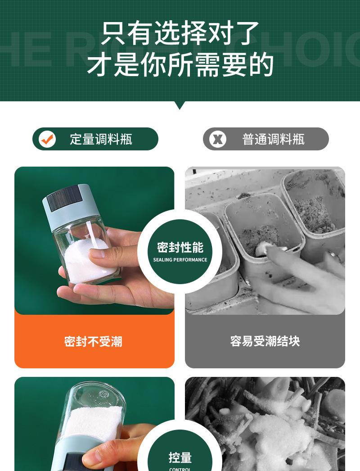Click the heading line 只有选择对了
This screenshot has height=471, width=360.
tap(180, 34)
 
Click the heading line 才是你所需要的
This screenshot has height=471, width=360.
tap(180, 64)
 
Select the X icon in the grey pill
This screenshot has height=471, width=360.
tap(218, 139)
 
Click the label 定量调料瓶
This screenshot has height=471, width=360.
tap(101, 139)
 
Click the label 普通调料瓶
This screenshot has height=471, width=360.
tap(274, 139)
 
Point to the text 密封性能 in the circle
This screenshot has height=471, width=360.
tap(180, 247)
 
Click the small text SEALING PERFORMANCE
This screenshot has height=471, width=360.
tap(180, 260)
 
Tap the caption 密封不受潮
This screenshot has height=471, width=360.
tap(93, 341)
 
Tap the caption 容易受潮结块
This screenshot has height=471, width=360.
tap(265, 341)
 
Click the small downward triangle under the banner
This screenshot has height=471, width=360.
tap(180, 105)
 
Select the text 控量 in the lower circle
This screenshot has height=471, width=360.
tap(180, 458)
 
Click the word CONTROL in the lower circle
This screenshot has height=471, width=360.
tap(180, 469)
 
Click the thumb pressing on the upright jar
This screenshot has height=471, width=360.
tap(101, 254)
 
